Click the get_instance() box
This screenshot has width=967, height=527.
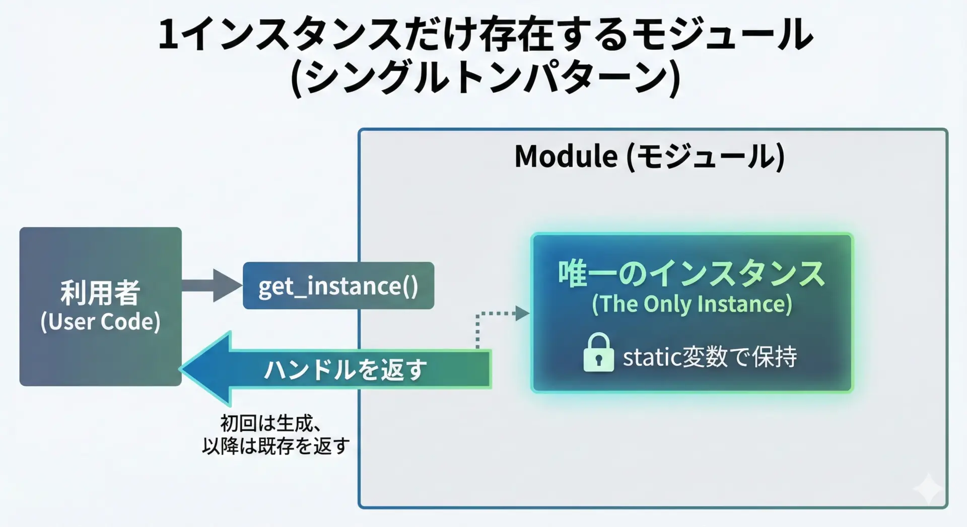pyautogui.click(x=338, y=285)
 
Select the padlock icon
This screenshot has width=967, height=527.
pyautogui.click(x=598, y=353)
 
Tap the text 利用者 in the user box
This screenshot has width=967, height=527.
pyautogui.click(x=100, y=293)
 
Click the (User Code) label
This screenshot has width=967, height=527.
pyautogui.click(x=100, y=322)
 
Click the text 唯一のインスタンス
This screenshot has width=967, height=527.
pyautogui.click(x=692, y=274)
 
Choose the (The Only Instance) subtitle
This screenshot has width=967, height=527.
pyautogui.click(x=692, y=304)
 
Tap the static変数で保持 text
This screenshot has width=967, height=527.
pyautogui.click(x=710, y=357)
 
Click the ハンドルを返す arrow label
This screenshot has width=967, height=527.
pyautogui.click(x=346, y=370)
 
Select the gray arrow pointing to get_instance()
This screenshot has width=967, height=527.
pyautogui.click(x=212, y=285)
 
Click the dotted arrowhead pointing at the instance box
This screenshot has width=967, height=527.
pyautogui.click(x=522, y=314)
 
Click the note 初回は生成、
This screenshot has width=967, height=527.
pyautogui.click(x=271, y=423)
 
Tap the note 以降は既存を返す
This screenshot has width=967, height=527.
pyautogui.click(x=276, y=446)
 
